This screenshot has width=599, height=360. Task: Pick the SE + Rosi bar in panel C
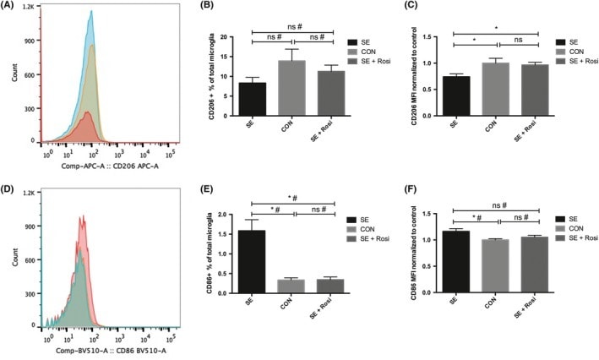[515, 90]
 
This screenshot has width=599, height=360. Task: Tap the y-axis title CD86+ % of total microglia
[198, 252]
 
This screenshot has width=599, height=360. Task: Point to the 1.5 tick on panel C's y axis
[443, 37]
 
